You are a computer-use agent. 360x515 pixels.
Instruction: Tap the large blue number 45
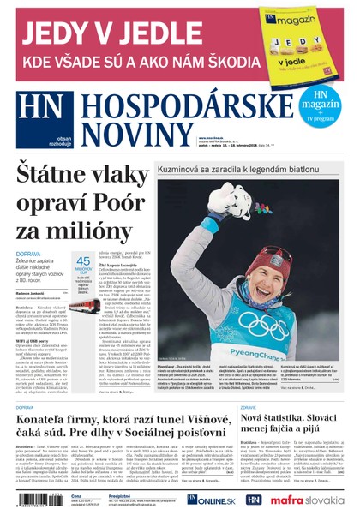(84, 261)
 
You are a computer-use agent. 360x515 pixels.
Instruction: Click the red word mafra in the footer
(287, 499)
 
